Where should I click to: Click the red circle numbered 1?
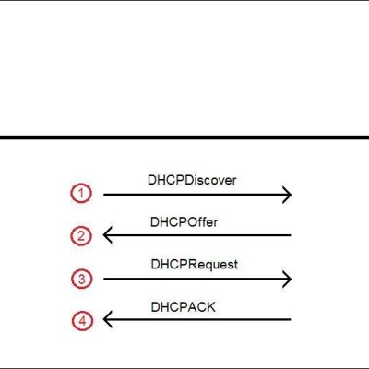coord(71,194)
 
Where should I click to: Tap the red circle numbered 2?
coord(71,236)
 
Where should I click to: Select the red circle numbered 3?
coord(72,279)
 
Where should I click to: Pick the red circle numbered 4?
coord(73,321)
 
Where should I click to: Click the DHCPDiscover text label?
coord(192,180)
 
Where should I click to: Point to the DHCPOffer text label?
coord(184,222)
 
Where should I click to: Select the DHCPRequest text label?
coord(195,265)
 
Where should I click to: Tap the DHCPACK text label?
coord(183,307)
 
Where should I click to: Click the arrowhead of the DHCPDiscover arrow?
coord(291,195)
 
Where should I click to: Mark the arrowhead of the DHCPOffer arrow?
coord(104,235)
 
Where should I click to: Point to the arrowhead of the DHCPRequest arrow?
coord(291,279)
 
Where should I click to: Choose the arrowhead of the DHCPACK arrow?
coord(104,319)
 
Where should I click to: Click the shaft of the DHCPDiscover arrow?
coord(197,195)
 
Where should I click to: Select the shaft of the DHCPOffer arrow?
coord(197,235)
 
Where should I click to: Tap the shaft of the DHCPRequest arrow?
coord(197,279)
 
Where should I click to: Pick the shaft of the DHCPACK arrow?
coord(197,319)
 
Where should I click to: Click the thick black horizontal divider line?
coord(184,137)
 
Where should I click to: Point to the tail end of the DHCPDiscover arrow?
coord(104,195)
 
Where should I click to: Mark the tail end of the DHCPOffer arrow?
coord(291,235)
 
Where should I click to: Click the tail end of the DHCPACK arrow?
coord(291,319)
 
